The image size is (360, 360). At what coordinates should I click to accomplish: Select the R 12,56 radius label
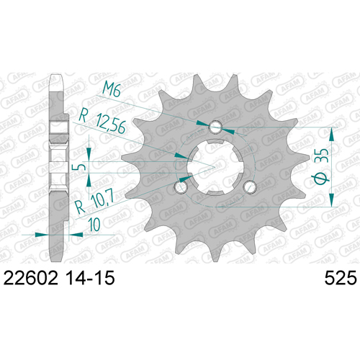(102, 122)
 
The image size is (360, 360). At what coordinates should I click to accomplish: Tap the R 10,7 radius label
(94, 201)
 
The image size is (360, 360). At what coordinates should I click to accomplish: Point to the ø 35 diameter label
(320, 167)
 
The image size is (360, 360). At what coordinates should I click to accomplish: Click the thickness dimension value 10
(94, 225)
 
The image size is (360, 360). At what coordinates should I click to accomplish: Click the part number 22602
(31, 278)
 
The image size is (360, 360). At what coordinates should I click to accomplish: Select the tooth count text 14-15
(90, 278)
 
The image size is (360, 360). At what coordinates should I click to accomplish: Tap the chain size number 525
(341, 278)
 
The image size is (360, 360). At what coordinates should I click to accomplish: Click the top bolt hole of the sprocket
(215, 127)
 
